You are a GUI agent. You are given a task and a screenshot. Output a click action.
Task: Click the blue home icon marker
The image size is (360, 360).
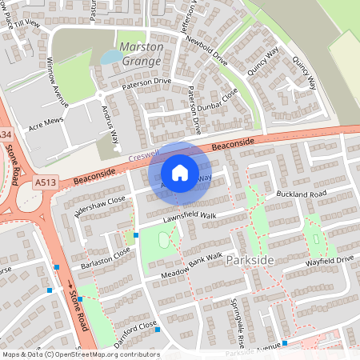(180, 172)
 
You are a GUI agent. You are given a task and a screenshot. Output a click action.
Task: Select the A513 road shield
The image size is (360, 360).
(46, 184)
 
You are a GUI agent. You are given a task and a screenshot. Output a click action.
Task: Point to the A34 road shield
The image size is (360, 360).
(5, 134)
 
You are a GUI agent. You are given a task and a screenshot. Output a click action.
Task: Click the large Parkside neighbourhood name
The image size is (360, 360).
(250, 262)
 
